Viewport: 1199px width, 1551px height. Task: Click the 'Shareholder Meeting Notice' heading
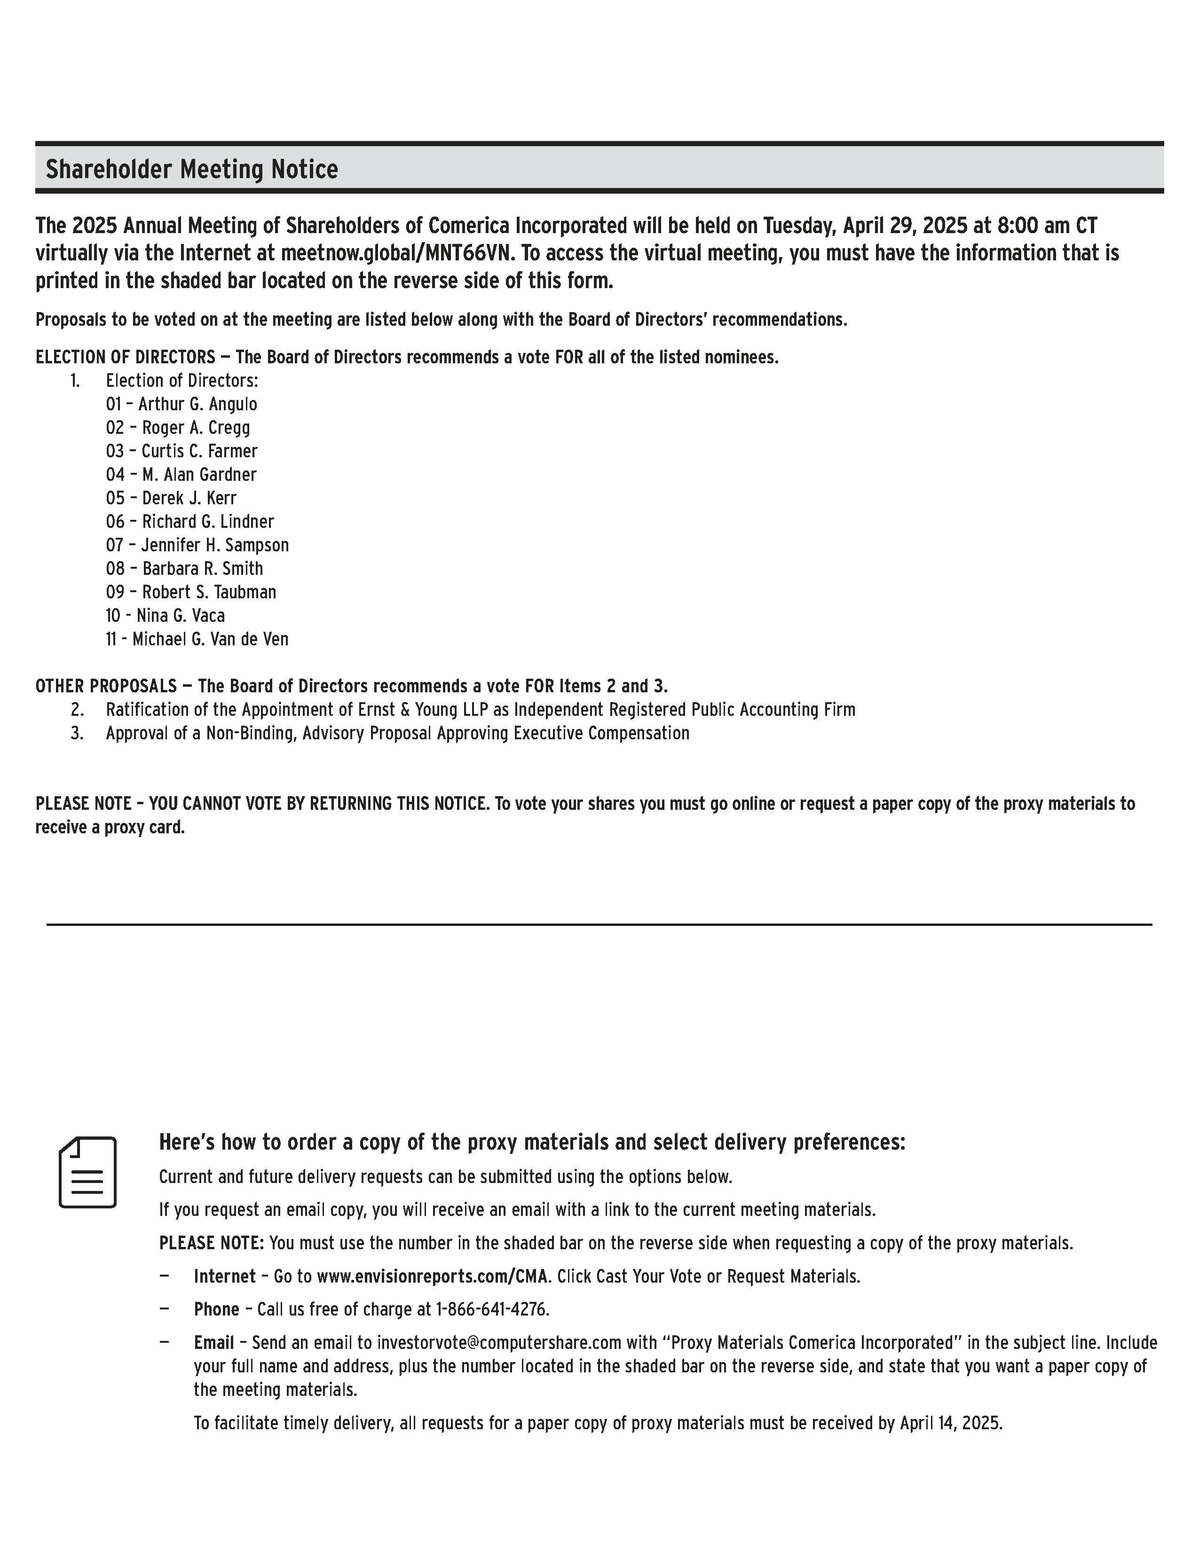(192, 170)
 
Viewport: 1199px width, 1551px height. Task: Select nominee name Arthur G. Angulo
(197, 404)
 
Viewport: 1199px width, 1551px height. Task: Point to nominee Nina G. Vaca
(181, 616)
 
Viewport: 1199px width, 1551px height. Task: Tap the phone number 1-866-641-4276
(492, 1309)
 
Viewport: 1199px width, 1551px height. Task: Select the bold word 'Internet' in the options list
(224, 1276)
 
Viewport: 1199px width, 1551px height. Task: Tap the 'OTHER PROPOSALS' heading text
(106, 686)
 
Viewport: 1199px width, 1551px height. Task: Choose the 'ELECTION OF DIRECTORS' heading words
(125, 357)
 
